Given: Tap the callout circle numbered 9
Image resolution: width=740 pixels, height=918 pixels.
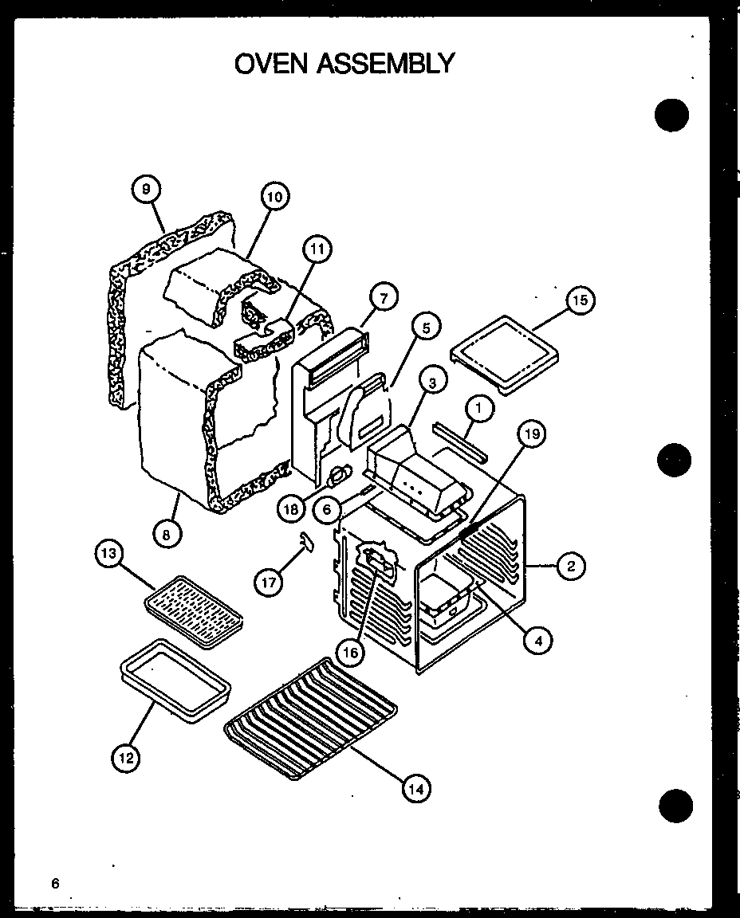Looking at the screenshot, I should [x=145, y=190].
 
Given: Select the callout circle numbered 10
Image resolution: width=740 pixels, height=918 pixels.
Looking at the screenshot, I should [x=274, y=196].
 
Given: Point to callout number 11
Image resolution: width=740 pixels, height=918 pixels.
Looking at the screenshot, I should [x=317, y=250].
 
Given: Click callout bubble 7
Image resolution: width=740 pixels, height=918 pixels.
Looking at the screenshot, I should [x=383, y=299].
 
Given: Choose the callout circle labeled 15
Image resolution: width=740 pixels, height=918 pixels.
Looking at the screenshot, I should [x=580, y=300].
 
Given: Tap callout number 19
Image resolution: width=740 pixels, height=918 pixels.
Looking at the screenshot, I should [x=533, y=434].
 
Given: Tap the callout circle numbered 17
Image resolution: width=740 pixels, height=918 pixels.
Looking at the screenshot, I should [x=270, y=583].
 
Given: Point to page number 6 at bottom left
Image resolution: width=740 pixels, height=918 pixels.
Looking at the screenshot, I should [x=55, y=882].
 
